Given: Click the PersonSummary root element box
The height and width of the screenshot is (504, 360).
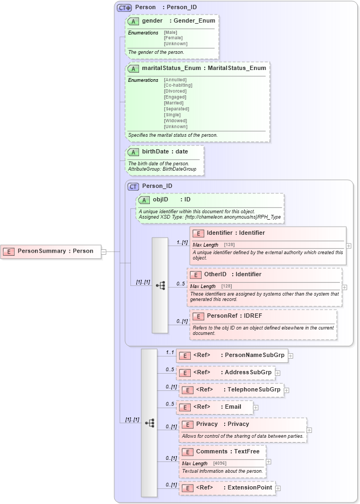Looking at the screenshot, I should (x=51, y=251).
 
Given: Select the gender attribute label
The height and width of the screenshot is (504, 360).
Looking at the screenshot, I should (x=153, y=20).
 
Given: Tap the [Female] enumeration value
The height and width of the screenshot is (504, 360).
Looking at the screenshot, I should (x=173, y=38).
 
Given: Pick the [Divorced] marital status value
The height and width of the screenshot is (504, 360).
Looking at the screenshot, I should (x=175, y=91).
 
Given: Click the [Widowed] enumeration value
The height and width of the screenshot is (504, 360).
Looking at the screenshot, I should (x=175, y=121).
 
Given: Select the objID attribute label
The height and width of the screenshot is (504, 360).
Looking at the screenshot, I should (x=161, y=199).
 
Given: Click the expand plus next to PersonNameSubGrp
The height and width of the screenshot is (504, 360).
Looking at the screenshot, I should (x=290, y=355).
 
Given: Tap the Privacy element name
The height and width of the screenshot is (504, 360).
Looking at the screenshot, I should (x=207, y=424).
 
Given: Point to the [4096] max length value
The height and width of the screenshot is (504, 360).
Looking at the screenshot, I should (x=219, y=464).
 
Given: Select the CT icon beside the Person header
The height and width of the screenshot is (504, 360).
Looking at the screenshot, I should (x=124, y=8).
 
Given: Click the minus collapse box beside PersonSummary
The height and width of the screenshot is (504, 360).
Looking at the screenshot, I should (x=103, y=251).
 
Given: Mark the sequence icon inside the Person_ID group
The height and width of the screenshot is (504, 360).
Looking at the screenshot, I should (x=160, y=286).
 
